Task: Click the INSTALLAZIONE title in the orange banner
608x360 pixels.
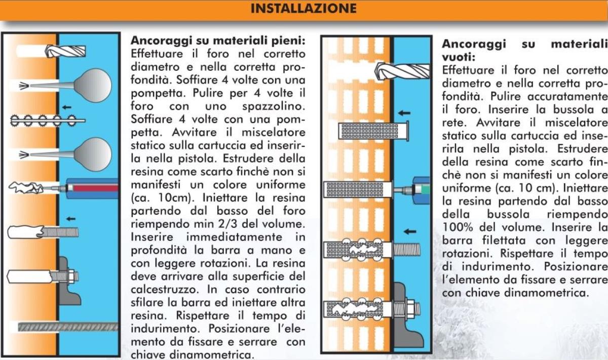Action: coord(303,9)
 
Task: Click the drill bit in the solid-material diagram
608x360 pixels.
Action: coord(65,51)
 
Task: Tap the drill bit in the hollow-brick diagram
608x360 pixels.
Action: coord(402,71)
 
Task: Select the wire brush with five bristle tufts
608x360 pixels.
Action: coord(48,121)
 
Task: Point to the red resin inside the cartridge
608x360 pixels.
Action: coord(96,188)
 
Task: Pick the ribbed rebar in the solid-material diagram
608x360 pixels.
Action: coord(68,327)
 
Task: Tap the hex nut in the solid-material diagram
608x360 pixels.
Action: coord(71,276)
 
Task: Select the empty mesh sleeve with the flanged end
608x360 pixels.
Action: coord(374,131)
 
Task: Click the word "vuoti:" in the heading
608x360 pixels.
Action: coord(459,57)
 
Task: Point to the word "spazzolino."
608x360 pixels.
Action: coord(274,106)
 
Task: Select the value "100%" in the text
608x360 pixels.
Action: coord(458,227)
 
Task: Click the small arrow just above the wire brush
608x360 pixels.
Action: coord(67,107)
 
